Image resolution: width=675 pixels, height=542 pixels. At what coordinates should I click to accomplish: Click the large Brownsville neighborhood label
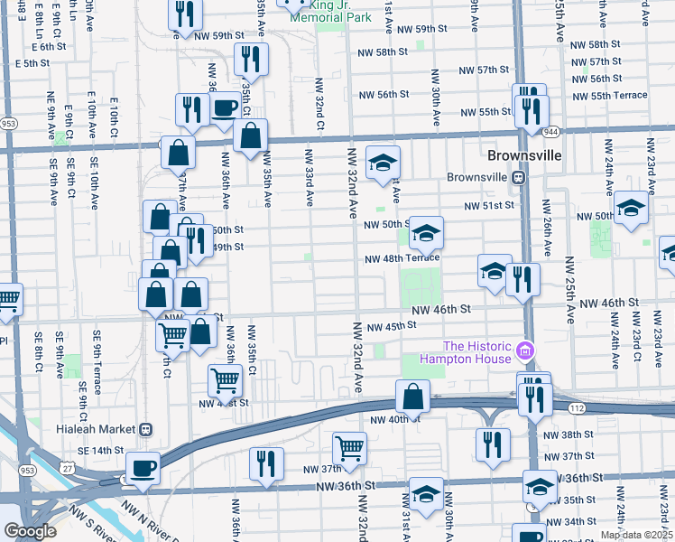524,155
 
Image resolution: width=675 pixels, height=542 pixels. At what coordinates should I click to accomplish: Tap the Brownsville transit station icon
519,177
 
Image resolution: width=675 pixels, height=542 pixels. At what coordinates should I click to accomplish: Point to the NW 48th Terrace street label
402,258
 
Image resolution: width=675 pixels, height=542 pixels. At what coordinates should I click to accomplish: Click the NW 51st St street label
488,205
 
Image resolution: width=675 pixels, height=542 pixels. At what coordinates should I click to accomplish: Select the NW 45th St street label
389,325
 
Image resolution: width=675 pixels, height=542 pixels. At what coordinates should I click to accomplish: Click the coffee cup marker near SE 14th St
143,468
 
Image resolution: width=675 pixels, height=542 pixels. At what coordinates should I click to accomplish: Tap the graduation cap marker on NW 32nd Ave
383,163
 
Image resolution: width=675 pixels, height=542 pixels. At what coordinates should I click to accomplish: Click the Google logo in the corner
31,531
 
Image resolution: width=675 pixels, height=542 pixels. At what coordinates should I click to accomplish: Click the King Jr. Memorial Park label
315,10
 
